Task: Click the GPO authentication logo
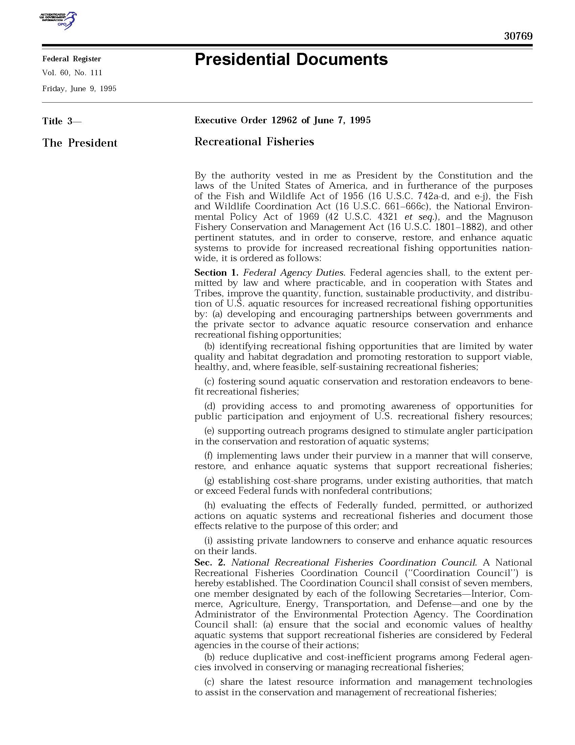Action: pyautogui.click(x=58, y=20)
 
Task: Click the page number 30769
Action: pyautogui.click(x=518, y=36)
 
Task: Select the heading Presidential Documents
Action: pyautogui.click(x=291, y=59)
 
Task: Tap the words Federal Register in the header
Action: pyautogui.click(x=71, y=59)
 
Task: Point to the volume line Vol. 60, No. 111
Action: pyautogui.click(x=72, y=73)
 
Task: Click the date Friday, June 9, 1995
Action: pyautogui.click(x=79, y=89)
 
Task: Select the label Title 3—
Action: pyautogui.click(x=62, y=121)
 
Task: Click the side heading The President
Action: pyautogui.click(x=80, y=143)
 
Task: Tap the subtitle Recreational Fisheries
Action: pyautogui.click(x=254, y=142)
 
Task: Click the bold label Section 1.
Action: pyautogui.click(x=215, y=273)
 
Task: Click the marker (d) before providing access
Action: pyautogui.click(x=210, y=406)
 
